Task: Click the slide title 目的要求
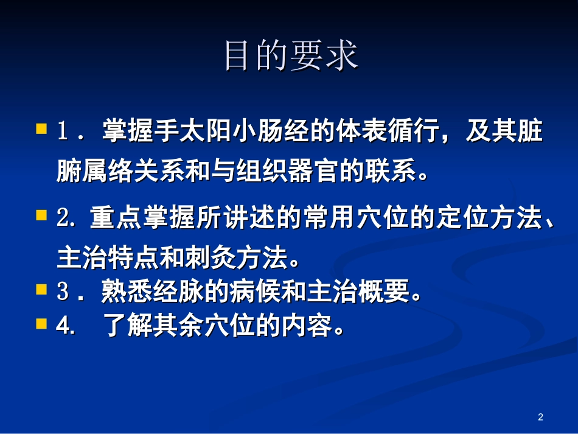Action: pos(290,56)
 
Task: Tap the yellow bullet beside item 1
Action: pos(41,129)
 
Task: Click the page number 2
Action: pos(540,417)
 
